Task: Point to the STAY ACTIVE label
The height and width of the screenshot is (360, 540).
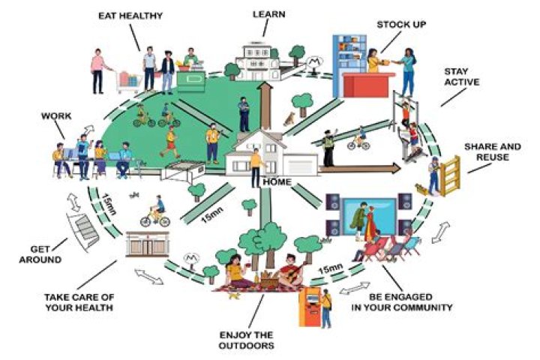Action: point(456,77)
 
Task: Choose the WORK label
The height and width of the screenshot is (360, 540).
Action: point(57,117)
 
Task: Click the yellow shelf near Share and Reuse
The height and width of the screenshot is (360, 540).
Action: point(450,174)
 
